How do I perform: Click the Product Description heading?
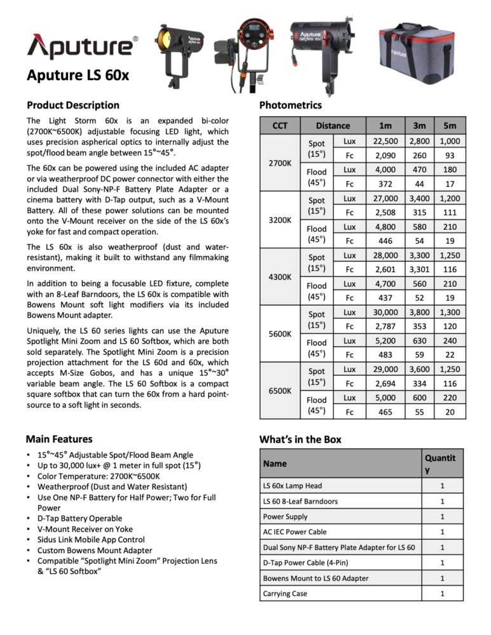coord(72,105)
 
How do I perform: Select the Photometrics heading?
coord(290,105)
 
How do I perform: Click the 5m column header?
coord(449,126)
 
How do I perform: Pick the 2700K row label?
coord(279,163)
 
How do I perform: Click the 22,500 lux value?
coord(386,142)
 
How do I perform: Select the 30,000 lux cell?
coord(386,312)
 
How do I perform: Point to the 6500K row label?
coord(279,391)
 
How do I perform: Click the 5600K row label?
coord(279,334)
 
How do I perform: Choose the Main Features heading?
coord(59,439)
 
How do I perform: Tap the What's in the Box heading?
coord(300,439)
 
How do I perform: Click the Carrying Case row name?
coord(285,594)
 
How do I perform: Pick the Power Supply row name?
coord(285,516)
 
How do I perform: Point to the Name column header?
coord(275,464)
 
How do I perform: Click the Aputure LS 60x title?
coord(78,75)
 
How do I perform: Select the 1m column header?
coord(386,126)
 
